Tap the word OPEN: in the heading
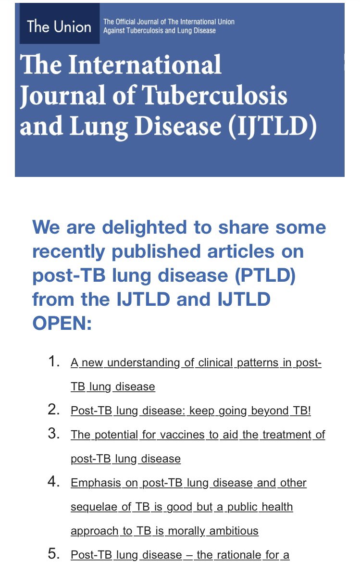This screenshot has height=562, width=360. pos(62,324)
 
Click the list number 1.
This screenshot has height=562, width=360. pos(54,362)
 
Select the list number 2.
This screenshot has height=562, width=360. pos(54,411)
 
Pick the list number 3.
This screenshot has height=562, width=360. pos(54,434)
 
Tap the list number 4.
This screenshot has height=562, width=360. pos(54,482)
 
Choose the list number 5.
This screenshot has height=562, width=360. pos(54,554)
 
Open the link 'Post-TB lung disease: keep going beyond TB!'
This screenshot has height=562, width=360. pos(190,411)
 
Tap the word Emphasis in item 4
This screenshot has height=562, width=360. pos(95,483)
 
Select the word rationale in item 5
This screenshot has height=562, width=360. pos(238,555)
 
